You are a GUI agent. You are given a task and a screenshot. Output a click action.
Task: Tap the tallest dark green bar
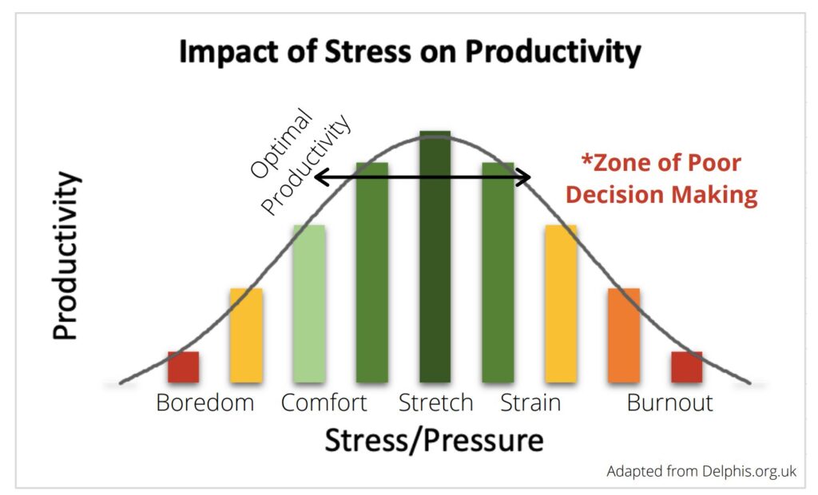pyautogui.click(x=435, y=255)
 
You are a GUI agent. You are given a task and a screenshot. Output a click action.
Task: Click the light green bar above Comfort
pyautogui.click(x=308, y=303)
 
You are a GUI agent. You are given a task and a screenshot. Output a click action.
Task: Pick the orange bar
pyautogui.click(x=623, y=335)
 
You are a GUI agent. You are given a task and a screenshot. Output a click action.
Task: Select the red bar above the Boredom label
pyautogui.click(x=183, y=366)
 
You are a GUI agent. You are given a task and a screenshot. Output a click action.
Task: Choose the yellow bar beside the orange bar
pyautogui.click(x=560, y=303)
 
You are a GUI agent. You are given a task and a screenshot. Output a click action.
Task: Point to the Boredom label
pyautogui.click(x=204, y=402)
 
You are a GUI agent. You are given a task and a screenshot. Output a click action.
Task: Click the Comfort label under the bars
pyautogui.click(x=324, y=402)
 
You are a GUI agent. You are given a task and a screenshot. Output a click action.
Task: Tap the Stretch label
pyautogui.click(x=435, y=402)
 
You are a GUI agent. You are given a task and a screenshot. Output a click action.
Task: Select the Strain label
pyautogui.click(x=530, y=402)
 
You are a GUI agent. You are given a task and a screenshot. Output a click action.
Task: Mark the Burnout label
pyautogui.click(x=669, y=402)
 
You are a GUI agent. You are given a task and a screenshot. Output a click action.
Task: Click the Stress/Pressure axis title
pyautogui.click(x=434, y=441)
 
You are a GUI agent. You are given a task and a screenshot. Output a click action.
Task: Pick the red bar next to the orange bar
pyautogui.click(x=686, y=366)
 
